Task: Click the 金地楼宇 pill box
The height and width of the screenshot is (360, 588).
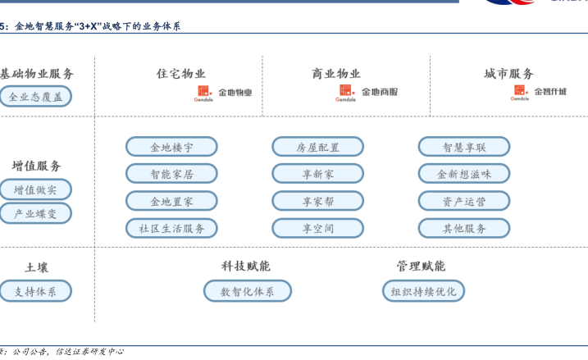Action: tap(171, 147)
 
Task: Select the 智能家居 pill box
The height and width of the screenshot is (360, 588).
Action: tap(171, 174)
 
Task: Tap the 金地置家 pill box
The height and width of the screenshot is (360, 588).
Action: tap(171, 201)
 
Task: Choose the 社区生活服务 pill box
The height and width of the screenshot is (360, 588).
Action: tap(171, 228)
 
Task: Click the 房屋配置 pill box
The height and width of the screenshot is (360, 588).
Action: tap(317, 147)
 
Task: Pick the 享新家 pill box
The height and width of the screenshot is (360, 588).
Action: tap(317, 174)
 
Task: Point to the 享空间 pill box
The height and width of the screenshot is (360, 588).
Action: tap(317, 228)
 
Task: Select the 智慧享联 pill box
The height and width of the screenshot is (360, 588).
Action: tap(464, 147)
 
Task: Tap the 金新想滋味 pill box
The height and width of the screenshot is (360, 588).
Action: tap(464, 174)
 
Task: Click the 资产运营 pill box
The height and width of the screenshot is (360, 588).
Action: tap(464, 201)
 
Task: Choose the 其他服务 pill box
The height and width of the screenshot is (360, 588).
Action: tap(464, 228)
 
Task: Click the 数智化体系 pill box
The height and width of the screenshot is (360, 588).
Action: tap(248, 291)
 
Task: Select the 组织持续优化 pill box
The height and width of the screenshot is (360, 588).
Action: tap(423, 291)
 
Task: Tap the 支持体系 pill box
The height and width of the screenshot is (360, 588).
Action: tap(35, 291)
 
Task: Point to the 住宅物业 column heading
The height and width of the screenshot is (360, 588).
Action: tap(181, 74)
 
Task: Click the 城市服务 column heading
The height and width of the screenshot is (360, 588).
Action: tap(508, 74)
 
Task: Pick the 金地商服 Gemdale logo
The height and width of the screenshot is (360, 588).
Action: tap(367, 93)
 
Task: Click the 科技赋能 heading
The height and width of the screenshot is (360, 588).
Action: tap(245, 266)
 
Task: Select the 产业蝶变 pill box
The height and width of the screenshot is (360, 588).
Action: tap(35, 213)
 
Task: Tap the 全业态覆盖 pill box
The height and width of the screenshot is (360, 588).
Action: tap(35, 97)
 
